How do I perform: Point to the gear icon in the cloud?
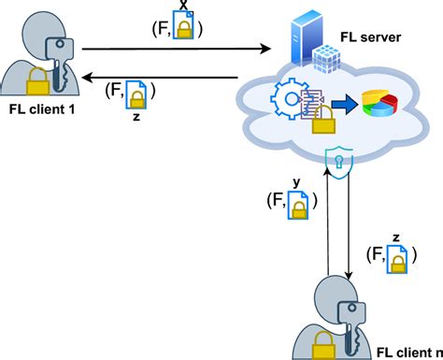pos(288,97)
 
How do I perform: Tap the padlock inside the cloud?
pos(323,119)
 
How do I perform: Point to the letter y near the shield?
pos(298,183)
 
